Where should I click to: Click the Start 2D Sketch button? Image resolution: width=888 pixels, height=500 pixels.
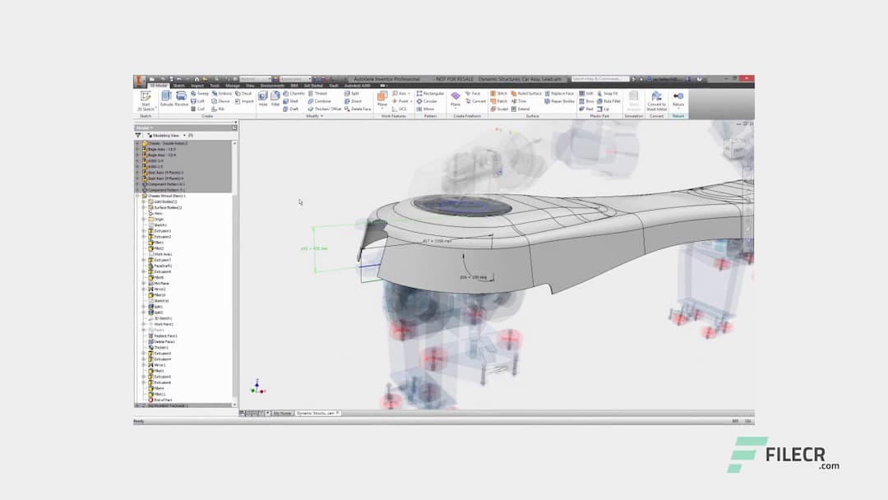point(146,99)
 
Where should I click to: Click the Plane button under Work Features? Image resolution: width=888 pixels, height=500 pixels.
point(382,98)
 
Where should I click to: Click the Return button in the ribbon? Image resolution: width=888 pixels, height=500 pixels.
point(678,99)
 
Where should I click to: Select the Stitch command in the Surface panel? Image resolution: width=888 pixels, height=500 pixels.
point(498,94)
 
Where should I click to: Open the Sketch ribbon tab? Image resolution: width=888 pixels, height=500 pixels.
point(178,86)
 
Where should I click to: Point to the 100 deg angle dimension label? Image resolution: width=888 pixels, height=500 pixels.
point(474,277)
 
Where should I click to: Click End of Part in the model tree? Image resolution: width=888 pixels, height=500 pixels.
point(161,400)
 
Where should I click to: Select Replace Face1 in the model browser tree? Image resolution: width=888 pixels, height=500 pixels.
point(165,336)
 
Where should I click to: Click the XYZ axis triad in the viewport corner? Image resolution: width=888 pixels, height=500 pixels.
point(257,387)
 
